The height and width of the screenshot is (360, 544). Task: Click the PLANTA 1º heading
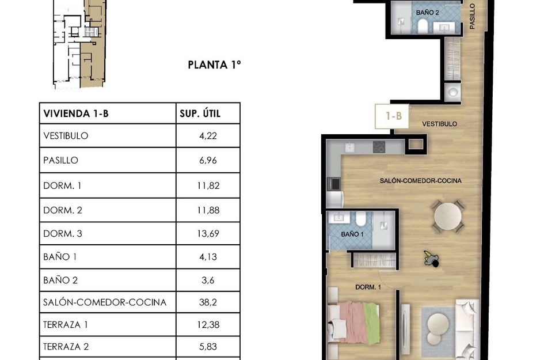click(214, 65)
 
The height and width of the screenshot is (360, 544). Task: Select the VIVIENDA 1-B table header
click(76, 113)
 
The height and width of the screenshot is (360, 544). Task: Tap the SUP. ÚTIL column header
click(200, 113)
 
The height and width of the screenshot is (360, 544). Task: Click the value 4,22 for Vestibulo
click(207, 137)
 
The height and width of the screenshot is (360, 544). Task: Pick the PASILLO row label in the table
click(60, 161)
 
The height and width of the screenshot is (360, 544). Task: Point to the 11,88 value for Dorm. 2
click(208, 210)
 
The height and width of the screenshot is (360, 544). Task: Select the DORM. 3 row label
click(63, 234)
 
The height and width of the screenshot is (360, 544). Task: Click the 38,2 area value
click(207, 302)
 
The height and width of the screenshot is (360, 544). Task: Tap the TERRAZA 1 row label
click(66, 325)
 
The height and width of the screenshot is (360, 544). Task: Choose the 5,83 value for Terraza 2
click(207, 347)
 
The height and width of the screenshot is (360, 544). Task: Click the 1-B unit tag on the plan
click(393, 116)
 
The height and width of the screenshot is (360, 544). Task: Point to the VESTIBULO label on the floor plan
click(439, 124)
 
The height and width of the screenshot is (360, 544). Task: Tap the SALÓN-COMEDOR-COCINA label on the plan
click(420, 181)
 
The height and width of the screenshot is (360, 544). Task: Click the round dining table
click(447, 217)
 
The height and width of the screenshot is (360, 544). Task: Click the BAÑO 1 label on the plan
click(352, 234)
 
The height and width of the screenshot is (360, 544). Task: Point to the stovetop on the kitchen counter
click(379, 147)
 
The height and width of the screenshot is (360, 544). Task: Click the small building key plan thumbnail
click(79, 43)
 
